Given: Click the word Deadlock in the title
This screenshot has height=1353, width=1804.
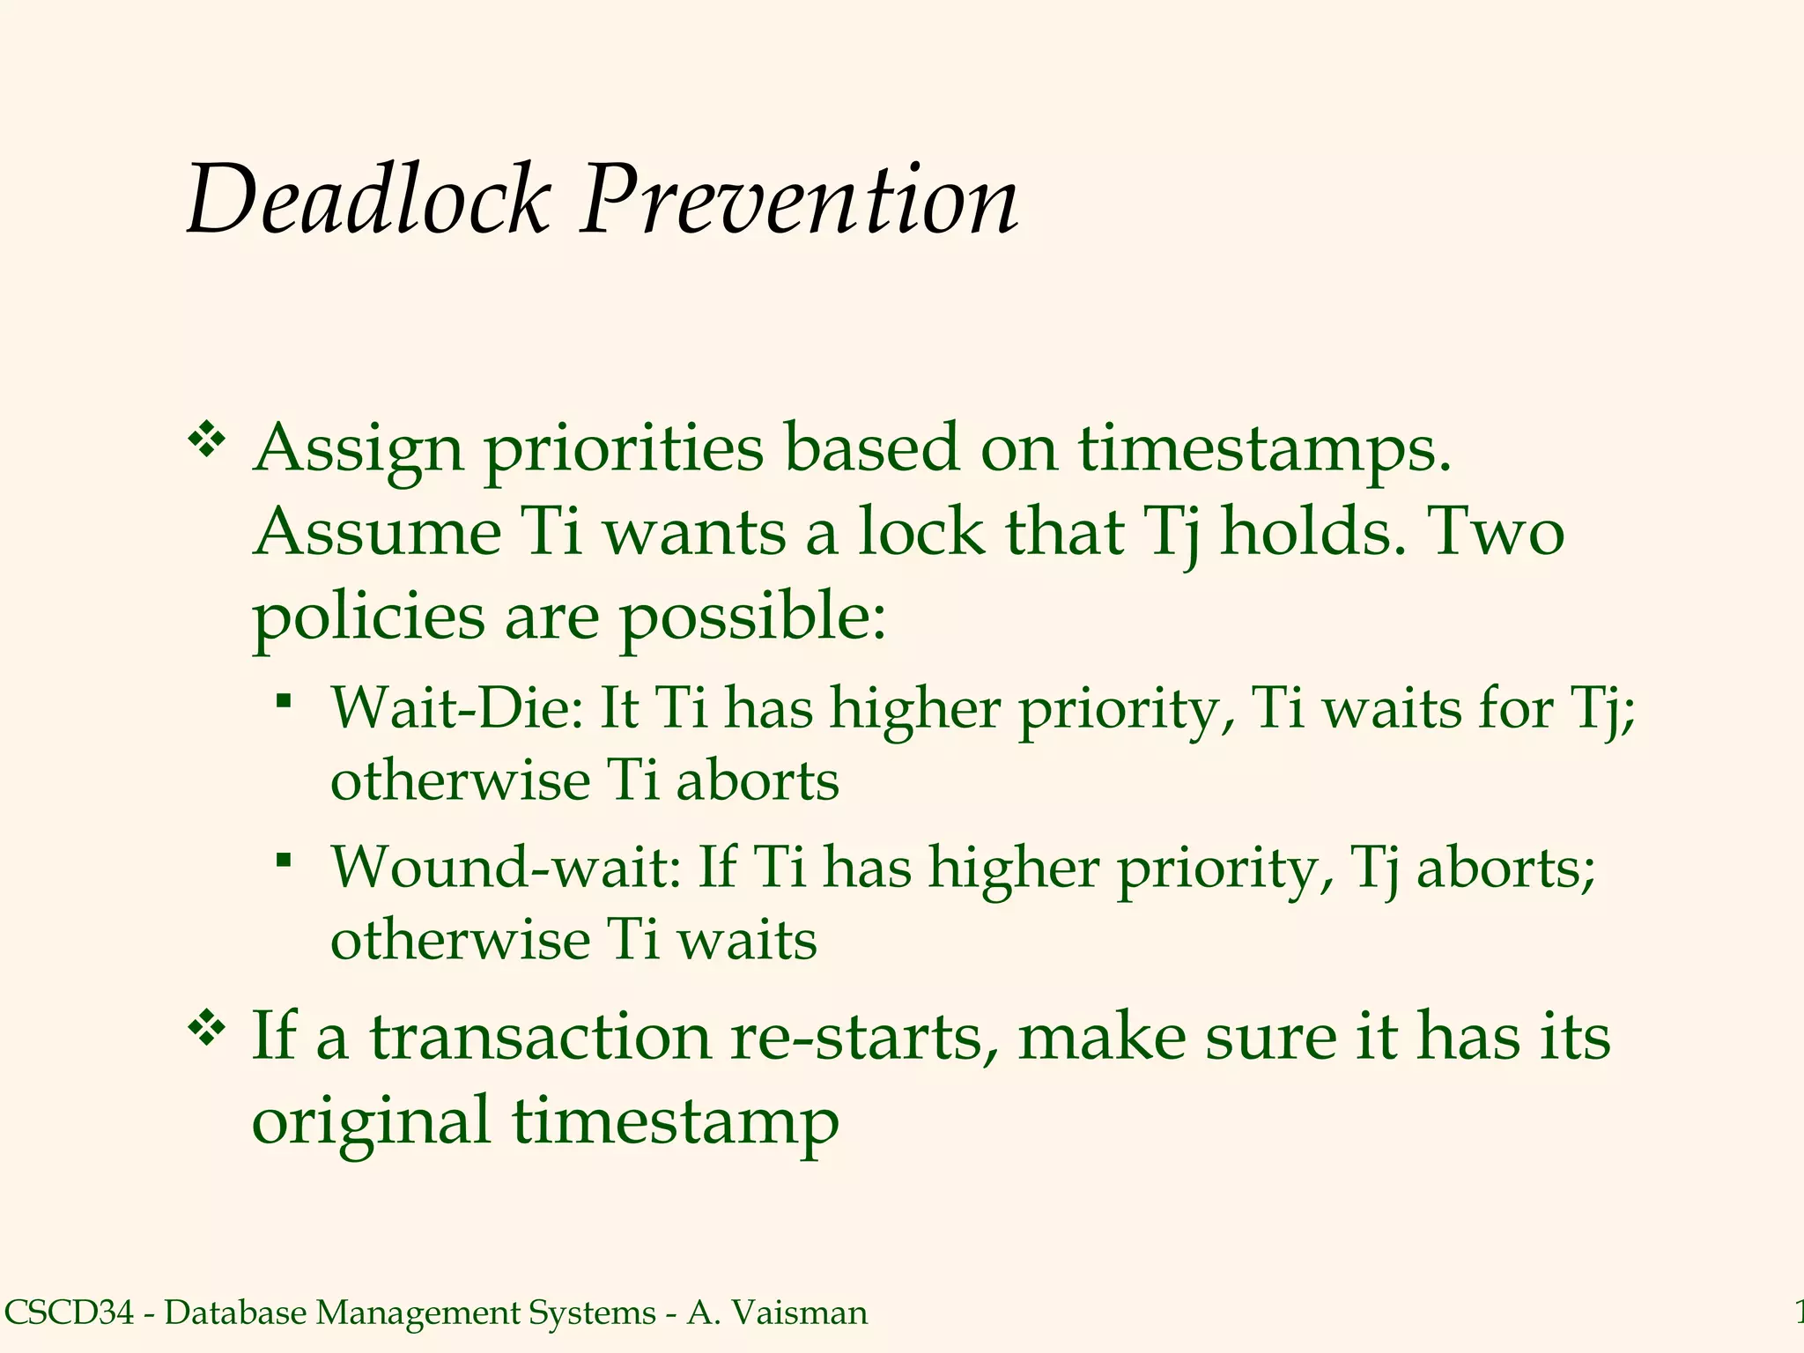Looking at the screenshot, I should [368, 201].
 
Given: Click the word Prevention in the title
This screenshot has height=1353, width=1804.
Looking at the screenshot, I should [798, 201].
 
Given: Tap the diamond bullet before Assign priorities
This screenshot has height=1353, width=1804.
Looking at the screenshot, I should [206, 441].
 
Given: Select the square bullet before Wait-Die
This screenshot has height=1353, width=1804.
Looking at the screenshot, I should [283, 701].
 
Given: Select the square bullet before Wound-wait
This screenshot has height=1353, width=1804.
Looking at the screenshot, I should [283, 860].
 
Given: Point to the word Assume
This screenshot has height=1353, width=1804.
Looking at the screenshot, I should [377, 533].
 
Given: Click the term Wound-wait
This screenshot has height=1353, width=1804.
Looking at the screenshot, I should [506, 868].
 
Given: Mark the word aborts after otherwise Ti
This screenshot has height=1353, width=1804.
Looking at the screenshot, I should [758, 781].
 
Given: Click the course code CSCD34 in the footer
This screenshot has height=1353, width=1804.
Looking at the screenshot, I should [70, 1313].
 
